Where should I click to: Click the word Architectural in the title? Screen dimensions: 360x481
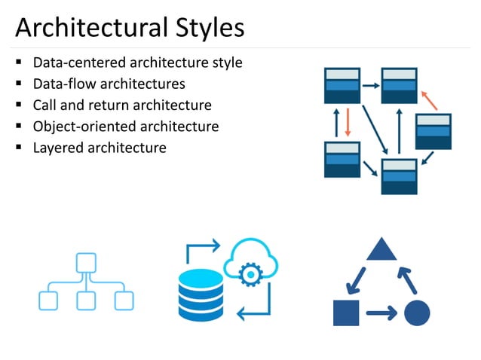pos(88,28)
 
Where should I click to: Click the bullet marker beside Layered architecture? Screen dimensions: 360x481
pos(17,147)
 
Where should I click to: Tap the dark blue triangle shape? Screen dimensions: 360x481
pos(381,249)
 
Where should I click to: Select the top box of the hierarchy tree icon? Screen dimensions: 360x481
pos(85,262)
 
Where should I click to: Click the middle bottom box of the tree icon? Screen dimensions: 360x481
pos(85,301)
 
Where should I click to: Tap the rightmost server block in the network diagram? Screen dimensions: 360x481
pos(433,131)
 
